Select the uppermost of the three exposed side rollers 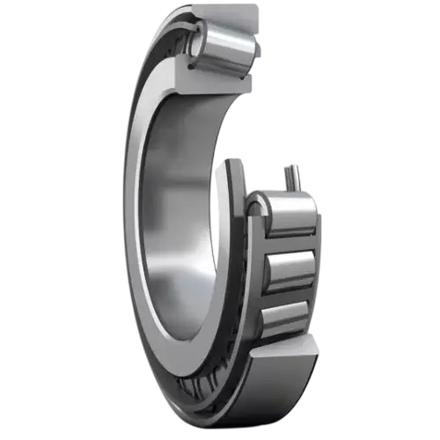pos(287,217)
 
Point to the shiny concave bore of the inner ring pos(176,220)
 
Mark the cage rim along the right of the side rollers pos(318,264)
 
